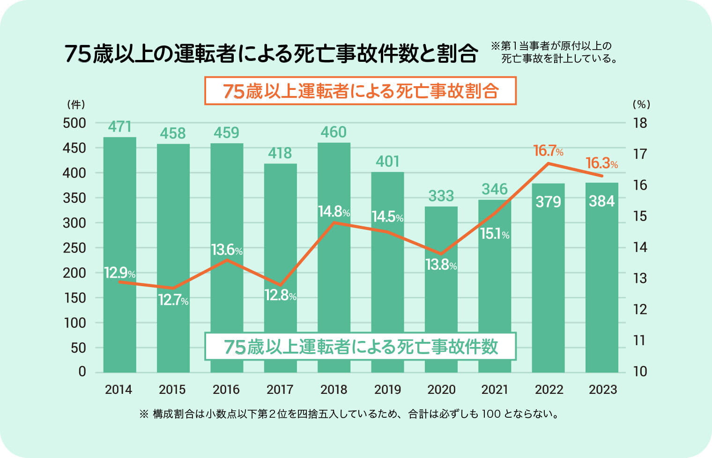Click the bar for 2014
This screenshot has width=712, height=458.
tap(119, 255)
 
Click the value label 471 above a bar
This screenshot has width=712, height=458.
tap(119, 127)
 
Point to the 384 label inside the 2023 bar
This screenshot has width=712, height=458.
tap(602, 201)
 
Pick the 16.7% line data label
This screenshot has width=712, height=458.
tap(548, 151)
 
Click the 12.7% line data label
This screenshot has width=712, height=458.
tap(173, 300)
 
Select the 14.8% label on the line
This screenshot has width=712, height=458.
tap(334, 212)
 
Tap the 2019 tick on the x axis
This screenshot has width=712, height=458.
tap(387, 390)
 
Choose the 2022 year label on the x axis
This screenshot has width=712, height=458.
tap(549, 390)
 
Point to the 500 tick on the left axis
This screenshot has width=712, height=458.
tap(74, 123)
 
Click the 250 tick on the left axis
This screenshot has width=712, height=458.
tap(74, 248)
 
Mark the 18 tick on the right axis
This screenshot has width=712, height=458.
tap(640, 123)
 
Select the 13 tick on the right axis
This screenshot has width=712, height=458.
tap(640, 279)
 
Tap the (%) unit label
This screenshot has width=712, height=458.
tap(641, 104)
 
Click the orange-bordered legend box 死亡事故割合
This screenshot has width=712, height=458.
tap(360, 91)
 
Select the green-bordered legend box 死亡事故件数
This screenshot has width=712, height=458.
tap(360, 347)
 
